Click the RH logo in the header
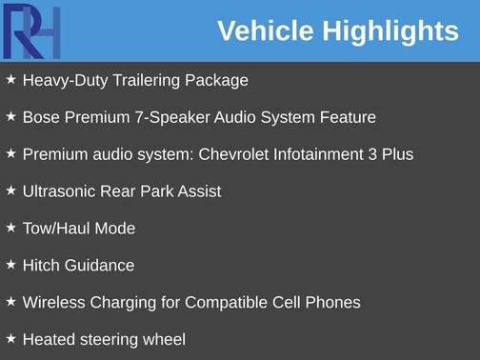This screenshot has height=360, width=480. coord(32,30)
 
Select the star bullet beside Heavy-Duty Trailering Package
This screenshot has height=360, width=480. coord(10,80)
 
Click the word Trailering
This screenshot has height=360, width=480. coord(146,81)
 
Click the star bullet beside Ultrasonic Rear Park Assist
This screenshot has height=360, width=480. coord(10,190)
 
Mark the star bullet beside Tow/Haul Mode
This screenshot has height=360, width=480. coord(10,228)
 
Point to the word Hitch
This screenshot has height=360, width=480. coord(41,266)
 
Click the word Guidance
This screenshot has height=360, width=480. coord(99,266)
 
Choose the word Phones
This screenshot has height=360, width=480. coord(332,303)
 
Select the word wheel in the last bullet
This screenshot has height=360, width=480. coord(163,339)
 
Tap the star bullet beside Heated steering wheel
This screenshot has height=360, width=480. coord(10,338)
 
